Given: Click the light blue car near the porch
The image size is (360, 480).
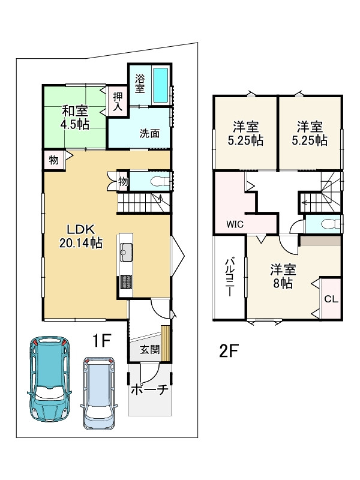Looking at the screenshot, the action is tap(98, 394).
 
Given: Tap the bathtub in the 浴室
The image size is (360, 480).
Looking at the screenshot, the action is tap(161, 85).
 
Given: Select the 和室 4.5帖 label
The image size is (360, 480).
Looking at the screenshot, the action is tap(75, 118).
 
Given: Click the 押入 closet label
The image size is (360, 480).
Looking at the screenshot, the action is tap(118, 101).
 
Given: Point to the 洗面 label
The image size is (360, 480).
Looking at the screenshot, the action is tap(149, 133).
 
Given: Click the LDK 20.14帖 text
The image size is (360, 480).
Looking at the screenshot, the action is tap(81, 236).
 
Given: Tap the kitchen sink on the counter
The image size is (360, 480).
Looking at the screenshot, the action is tap(126, 252).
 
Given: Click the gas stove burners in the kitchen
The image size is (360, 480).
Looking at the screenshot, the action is tap(126, 281).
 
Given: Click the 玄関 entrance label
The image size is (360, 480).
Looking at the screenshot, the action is tap(149, 349).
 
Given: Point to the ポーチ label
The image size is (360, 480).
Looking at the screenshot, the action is tap(149, 389).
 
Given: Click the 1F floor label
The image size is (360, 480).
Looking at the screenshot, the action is tap(101, 340).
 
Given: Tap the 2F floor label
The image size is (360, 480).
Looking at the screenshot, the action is tap(229, 351).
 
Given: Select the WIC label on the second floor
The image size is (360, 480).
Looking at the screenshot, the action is tap(235, 224).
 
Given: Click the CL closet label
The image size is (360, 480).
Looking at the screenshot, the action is tap(331, 299).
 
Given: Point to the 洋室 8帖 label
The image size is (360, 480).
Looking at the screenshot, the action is tap(283, 277).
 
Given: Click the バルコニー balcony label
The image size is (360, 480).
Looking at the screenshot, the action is tap(230, 278).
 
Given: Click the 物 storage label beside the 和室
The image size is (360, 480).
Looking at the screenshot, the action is tap(54, 160).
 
